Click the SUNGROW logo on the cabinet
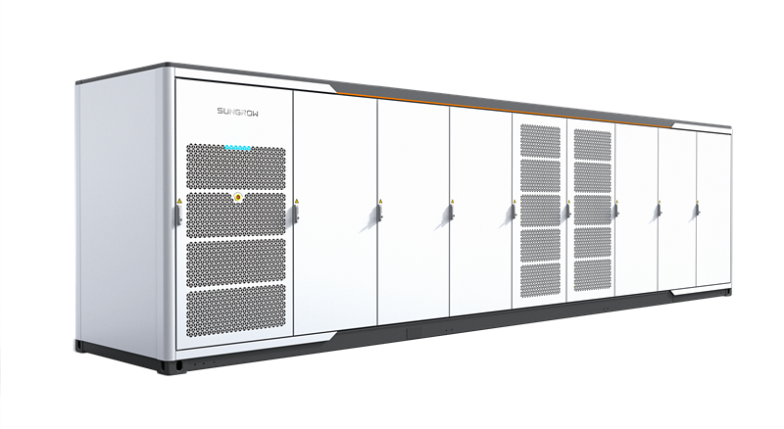click(238, 111)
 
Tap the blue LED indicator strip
click(238, 148)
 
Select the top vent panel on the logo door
click(236, 167)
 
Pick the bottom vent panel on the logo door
click(236, 310)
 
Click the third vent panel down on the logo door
click(236, 262)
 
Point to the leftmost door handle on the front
click(178, 214)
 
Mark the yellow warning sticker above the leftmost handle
click(179, 201)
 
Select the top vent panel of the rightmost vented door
click(593, 145)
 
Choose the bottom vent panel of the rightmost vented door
click(593, 274)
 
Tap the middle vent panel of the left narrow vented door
click(541, 211)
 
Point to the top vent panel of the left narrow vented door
click(541, 141)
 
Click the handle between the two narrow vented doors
click(568, 211)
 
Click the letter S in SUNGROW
click(220, 111)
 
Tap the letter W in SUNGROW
click(255, 112)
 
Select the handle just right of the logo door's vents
click(297, 213)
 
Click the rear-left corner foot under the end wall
click(79, 346)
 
